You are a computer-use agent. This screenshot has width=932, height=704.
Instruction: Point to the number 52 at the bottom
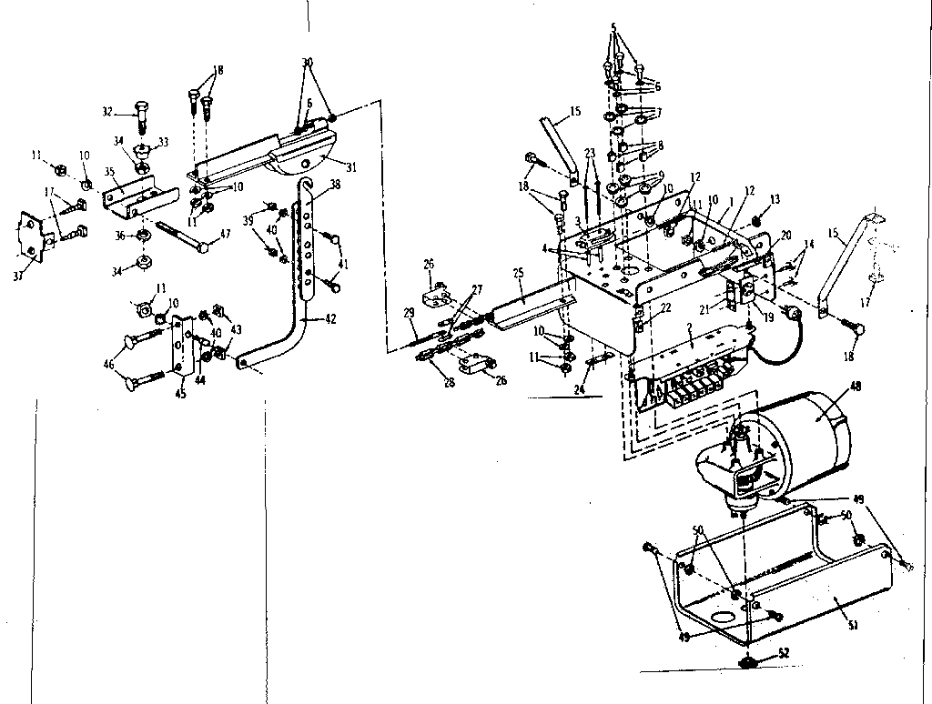pos(783,653)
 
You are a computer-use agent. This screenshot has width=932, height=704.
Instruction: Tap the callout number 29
pos(409,312)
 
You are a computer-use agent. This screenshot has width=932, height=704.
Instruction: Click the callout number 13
pos(775,199)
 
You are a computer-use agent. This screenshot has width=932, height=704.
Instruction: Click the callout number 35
pos(108,170)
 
